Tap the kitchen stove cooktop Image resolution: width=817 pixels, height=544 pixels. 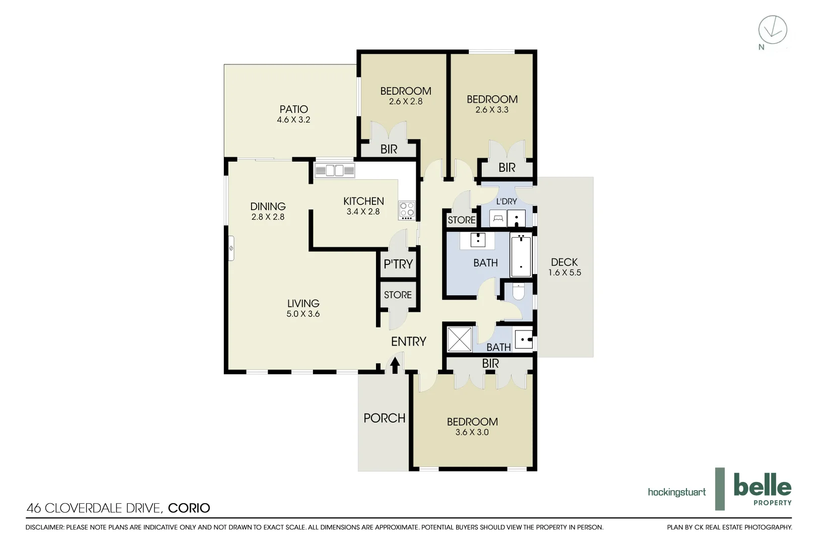click(407, 209)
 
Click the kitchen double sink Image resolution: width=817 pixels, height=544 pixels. click(335, 170)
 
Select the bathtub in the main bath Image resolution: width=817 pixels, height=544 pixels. click(521, 255)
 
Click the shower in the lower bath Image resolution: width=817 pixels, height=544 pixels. click(460, 339)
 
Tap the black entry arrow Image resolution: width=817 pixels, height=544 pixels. click(395, 364)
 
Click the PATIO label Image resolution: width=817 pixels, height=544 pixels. click(294, 109)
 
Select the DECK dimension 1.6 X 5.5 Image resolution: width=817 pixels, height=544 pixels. click(564, 273)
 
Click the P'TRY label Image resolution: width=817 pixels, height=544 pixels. click(398, 264)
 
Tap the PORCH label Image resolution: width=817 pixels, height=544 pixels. click(384, 418)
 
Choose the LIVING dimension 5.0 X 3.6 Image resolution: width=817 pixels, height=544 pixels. click(303, 314)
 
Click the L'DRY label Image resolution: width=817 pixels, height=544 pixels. click(507, 201)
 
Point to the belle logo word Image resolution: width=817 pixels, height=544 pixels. click(762, 486)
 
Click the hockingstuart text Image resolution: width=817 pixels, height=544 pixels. click(676, 492)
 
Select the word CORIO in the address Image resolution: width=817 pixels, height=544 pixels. click(189, 508)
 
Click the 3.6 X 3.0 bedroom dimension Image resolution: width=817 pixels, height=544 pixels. click(472, 432)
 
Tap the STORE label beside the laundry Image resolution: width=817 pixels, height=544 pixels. click(461, 220)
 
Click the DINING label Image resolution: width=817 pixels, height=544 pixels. click(268, 206)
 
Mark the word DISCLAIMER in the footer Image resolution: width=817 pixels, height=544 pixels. click(44, 527)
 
